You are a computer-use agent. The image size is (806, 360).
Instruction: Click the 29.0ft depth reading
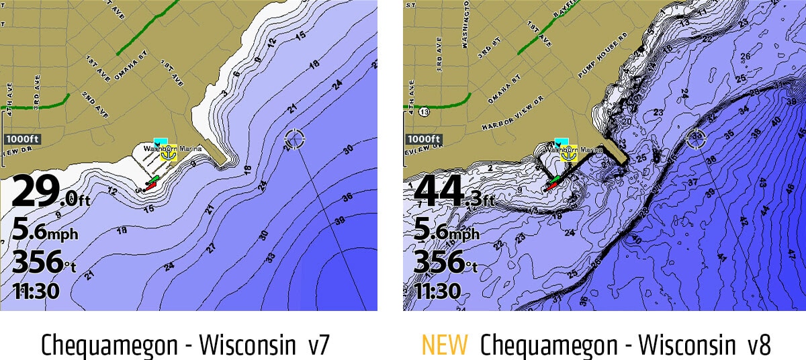point(50,193)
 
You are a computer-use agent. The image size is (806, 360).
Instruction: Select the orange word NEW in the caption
point(444,345)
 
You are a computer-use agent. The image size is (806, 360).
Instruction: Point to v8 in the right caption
point(754,345)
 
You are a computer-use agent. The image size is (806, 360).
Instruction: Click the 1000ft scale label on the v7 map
point(23,139)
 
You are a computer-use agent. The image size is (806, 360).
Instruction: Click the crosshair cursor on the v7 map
point(294,140)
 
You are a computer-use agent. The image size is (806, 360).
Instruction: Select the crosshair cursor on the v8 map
point(697,139)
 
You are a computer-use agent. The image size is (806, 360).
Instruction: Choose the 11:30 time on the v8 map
point(437,291)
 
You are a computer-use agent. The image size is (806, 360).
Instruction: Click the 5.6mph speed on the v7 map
point(44,232)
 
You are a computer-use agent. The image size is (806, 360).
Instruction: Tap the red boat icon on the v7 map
point(150,186)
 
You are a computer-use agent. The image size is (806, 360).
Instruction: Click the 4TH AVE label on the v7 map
point(9,94)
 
